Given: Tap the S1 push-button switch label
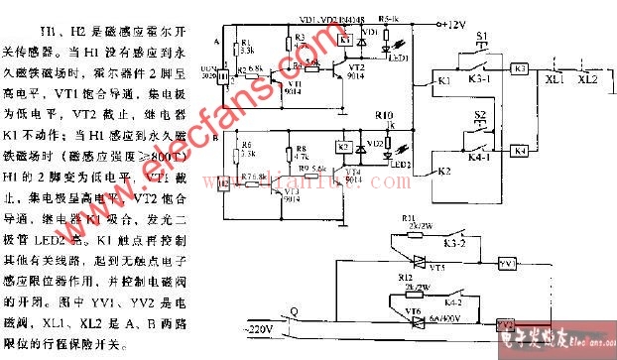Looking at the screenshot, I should coord(482,39).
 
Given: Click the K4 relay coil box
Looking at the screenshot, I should coord(521,150).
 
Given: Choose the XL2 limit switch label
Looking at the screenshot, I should coord(589,76).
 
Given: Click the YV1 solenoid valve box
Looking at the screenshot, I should coord(507,264).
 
